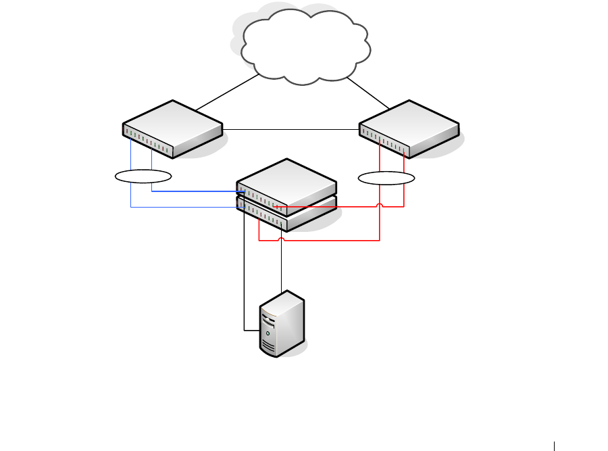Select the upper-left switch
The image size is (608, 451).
click(172, 125)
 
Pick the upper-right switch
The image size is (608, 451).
click(409, 125)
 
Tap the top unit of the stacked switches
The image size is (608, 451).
click(286, 181)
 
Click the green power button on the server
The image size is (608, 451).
click(269, 333)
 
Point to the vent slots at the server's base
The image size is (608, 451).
click(269, 348)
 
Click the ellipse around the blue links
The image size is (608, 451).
click(143, 177)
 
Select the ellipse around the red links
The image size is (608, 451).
click(386, 179)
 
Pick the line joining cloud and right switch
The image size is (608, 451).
click(368, 94)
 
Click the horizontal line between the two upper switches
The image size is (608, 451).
click(290, 128)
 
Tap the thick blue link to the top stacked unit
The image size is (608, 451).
click(196, 191)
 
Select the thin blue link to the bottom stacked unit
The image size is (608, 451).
click(182, 207)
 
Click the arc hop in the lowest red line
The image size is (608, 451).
click(281, 239)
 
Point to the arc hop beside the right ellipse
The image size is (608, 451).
click(380, 204)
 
